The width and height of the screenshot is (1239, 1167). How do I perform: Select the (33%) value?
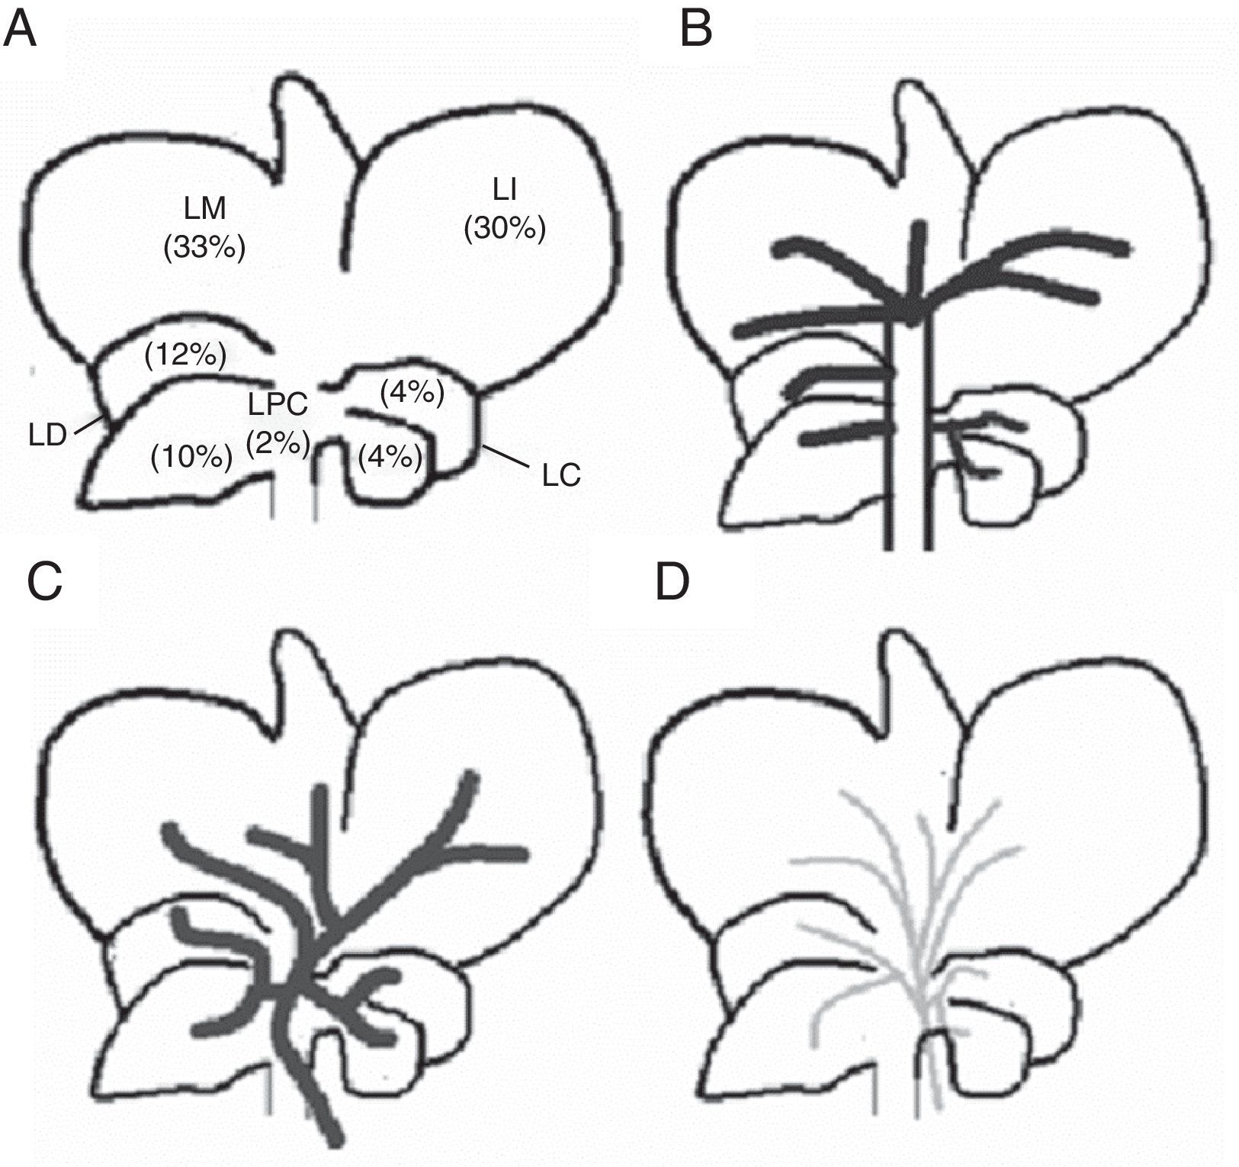tap(205, 249)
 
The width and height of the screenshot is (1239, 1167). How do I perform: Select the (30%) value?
tap(505, 228)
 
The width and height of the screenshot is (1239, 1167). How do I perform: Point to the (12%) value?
tap(185, 355)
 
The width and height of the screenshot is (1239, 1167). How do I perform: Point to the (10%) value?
tap(191, 457)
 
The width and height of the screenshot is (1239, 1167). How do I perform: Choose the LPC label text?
tap(278, 404)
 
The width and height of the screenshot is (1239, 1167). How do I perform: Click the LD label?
tap(48, 437)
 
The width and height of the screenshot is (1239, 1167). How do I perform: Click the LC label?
tap(561, 475)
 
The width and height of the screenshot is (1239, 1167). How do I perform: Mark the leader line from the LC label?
tap(506, 457)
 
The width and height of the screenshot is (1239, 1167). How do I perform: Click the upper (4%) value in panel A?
tap(411, 393)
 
